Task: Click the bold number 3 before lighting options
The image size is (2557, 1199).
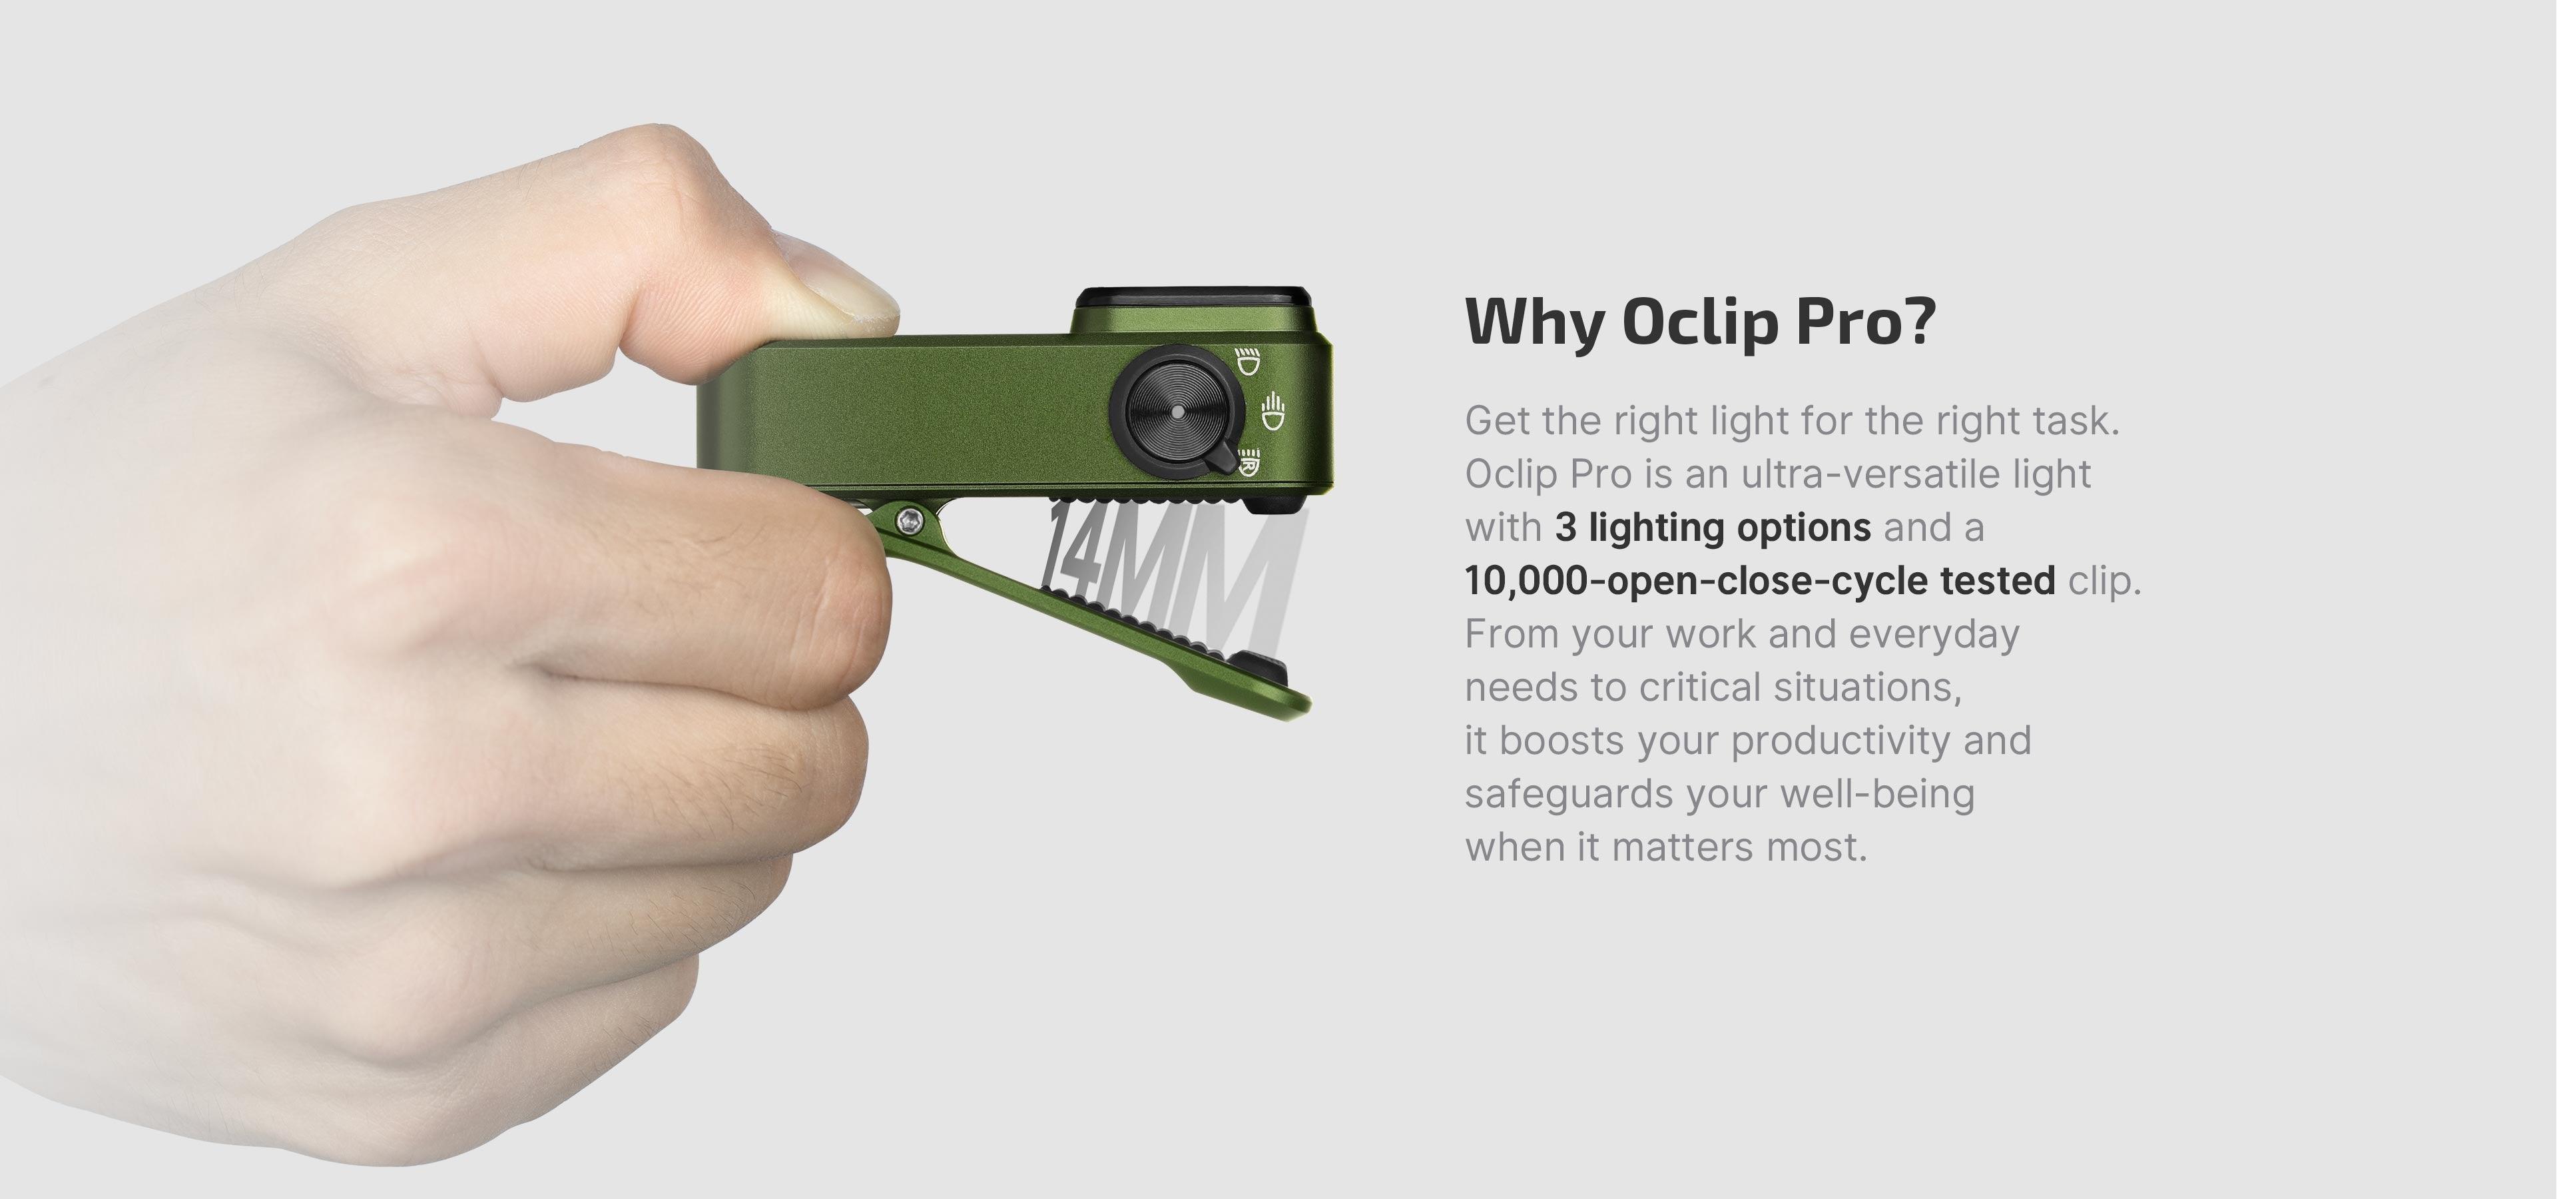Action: (1565, 527)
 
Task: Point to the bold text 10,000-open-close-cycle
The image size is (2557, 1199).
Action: (1697, 581)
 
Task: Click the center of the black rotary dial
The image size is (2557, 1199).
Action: (1177, 410)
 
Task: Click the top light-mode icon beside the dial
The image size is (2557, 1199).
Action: (1247, 360)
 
